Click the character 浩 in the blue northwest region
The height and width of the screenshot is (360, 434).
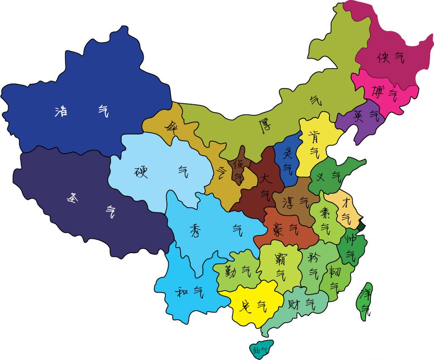[62, 112]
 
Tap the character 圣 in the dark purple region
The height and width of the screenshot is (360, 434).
[73, 198]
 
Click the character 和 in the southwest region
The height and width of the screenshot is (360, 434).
[181, 292]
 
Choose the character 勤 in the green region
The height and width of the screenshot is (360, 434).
[225, 271]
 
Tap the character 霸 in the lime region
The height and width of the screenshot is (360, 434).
[280, 258]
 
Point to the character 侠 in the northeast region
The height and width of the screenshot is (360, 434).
[383, 57]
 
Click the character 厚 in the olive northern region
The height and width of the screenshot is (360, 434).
[264, 126]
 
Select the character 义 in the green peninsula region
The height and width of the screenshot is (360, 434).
[320, 176]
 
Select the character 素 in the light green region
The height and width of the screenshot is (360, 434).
[325, 212]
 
